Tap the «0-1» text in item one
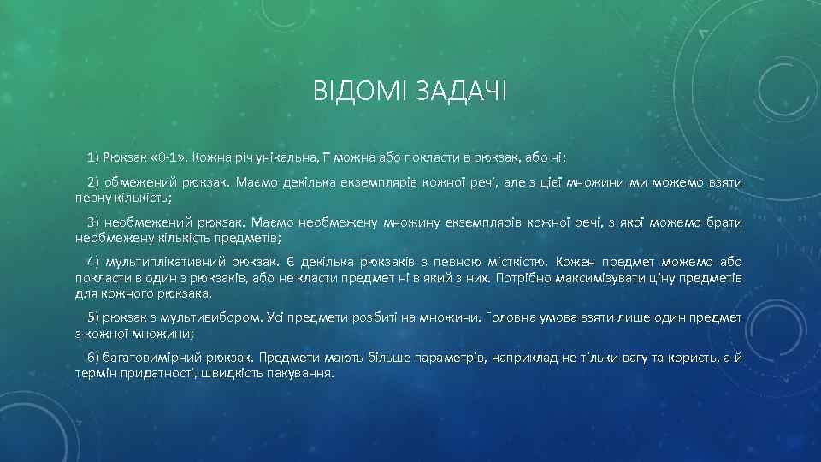click(x=168, y=157)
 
